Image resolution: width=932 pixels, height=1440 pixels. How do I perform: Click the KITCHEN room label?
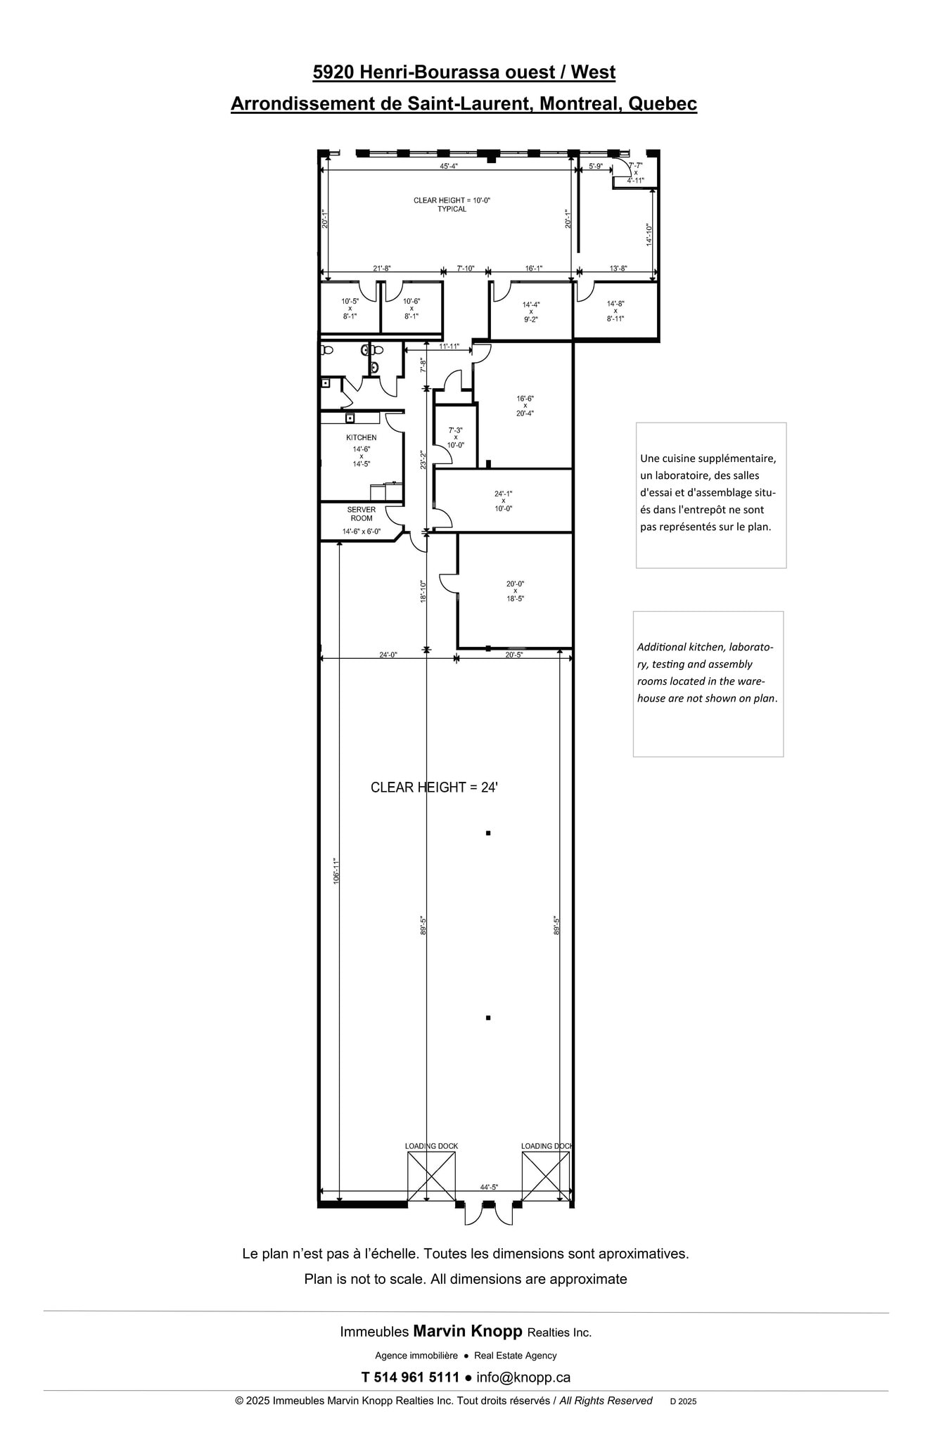point(361,437)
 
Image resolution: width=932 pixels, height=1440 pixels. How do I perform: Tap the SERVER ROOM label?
point(361,514)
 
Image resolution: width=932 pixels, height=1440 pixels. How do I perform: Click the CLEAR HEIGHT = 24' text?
point(434,787)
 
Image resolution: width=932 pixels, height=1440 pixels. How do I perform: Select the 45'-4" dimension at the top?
point(449,167)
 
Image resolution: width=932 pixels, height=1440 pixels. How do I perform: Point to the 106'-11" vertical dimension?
point(336,870)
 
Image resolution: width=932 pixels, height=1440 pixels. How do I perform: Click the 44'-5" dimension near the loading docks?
point(489,1187)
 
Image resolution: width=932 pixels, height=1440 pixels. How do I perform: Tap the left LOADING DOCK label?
point(431,1146)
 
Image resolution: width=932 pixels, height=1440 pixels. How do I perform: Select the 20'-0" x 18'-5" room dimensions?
point(515,591)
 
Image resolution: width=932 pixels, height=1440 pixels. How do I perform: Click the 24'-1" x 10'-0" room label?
point(503,501)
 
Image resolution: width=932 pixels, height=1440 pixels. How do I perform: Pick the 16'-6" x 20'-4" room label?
point(525,406)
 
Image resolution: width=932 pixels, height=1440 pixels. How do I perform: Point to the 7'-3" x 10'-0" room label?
point(455,437)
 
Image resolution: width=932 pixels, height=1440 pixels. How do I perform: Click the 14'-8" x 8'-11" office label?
point(615,311)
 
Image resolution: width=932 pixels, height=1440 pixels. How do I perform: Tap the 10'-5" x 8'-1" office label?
point(350,309)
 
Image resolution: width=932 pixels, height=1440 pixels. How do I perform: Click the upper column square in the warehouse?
point(487,833)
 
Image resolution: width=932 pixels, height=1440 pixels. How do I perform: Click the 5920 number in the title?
point(333,72)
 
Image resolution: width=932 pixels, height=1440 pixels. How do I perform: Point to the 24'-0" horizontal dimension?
point(388,655)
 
